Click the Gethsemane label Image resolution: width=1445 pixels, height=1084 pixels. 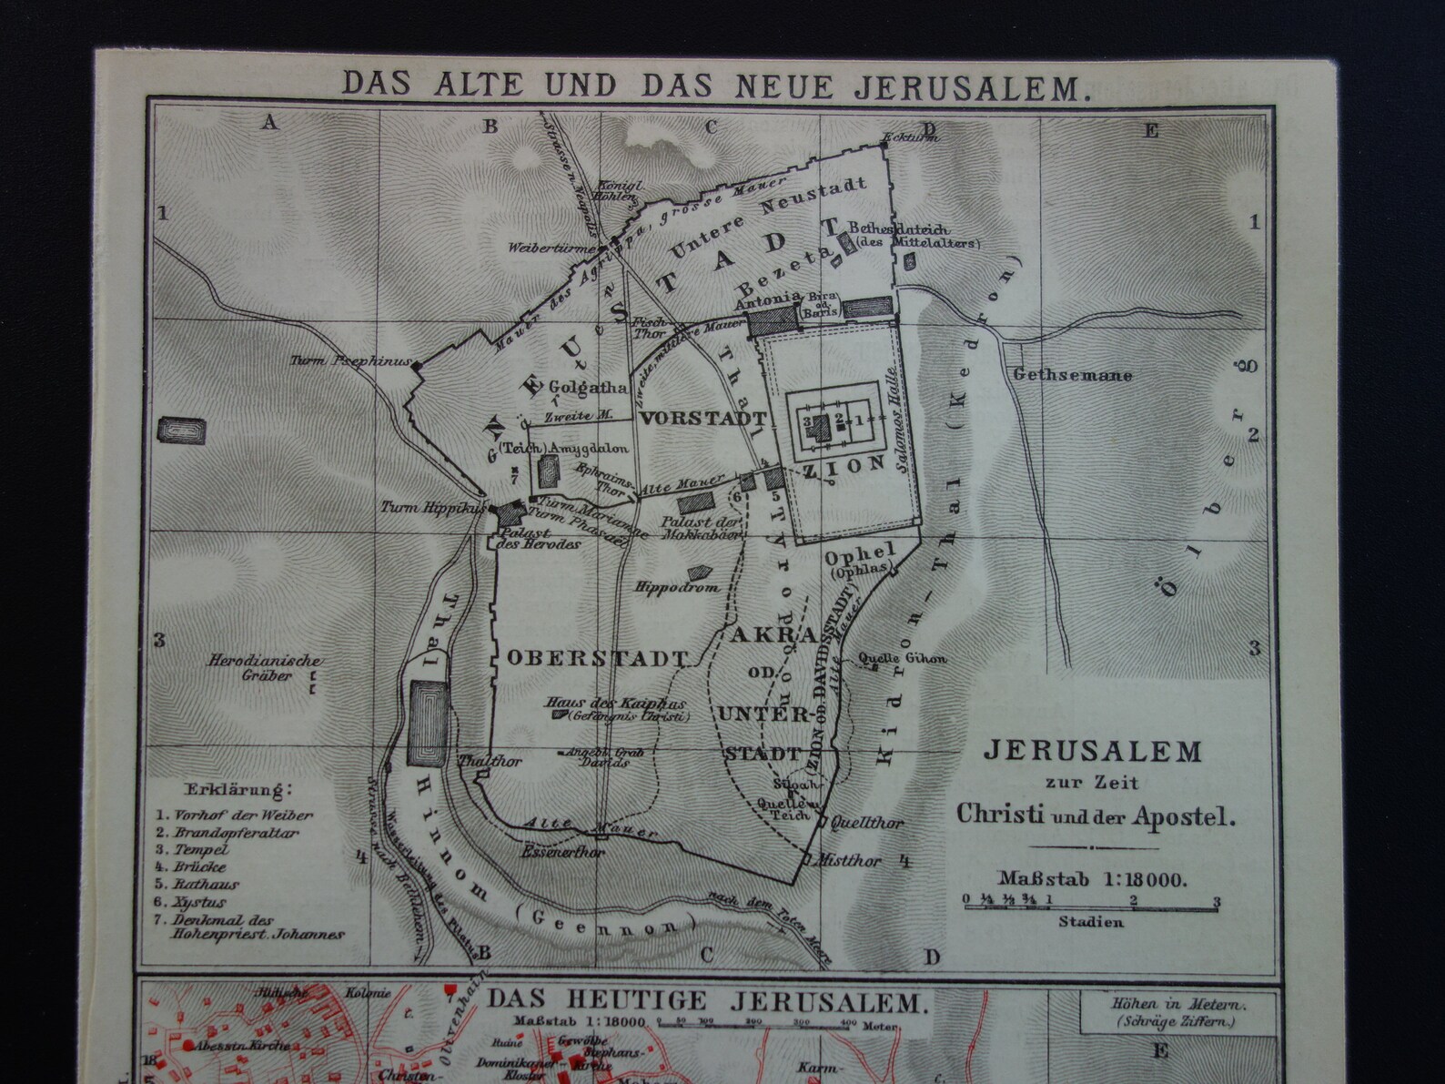(x=1072, y=374)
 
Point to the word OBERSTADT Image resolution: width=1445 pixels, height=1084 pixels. (x=596, y=657)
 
